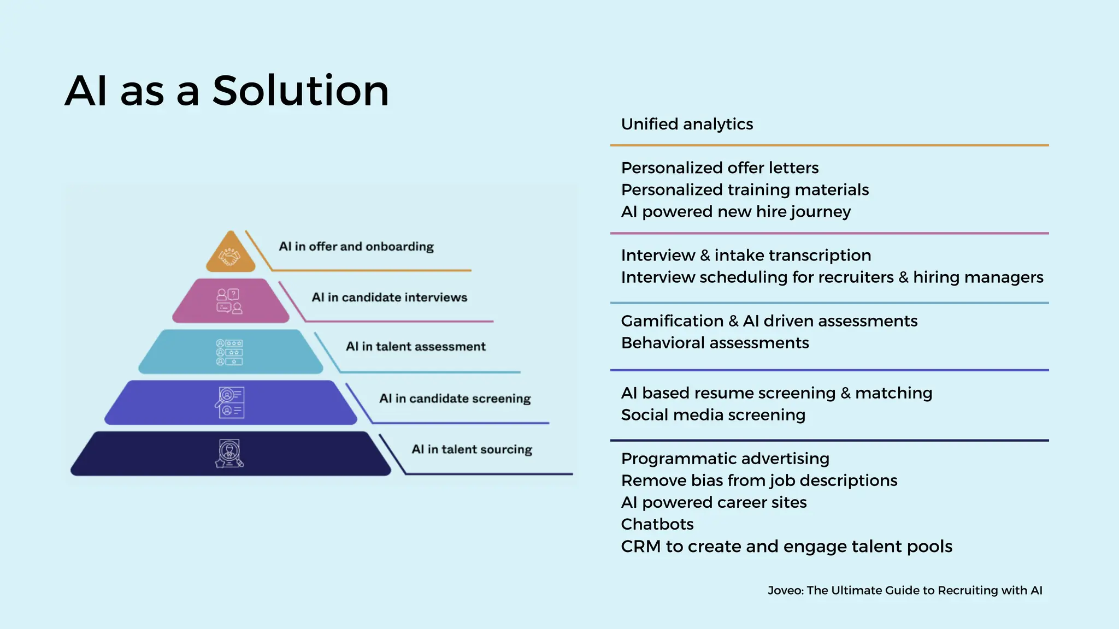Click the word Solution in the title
click(x=301, y=91)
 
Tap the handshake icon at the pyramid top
click(x=230, y=256)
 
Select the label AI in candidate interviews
click(x=389, y=298)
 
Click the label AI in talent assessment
click(x=415, y=347)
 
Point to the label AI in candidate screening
click(x=455, y=399)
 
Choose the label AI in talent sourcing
click(x=472, y=449)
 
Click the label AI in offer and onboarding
click(x=356, y=247)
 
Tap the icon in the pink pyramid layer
click(x=229, y=301)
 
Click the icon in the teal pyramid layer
click(x=229, y=352)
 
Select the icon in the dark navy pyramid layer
click(x=229, y=454)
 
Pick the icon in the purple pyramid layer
click(x=229, y=403)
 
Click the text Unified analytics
click(x=687, y=124)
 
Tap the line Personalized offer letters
click(x=720, y=168)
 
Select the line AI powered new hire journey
click(x=735, y=212)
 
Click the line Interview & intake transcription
click(x=746, y=256)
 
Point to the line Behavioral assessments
click(x=715, y=343)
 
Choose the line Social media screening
click(x=713, y=415)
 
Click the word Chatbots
click(x=657, y=524)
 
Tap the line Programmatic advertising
click(x=725, y=459)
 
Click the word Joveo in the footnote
click(x=785, y=590)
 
